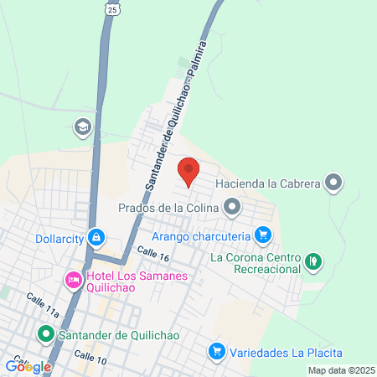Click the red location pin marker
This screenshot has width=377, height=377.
[x=188, y=170]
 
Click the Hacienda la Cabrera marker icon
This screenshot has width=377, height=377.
[x=334, y=182]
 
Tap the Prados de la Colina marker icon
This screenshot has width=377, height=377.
[x=232, y=205]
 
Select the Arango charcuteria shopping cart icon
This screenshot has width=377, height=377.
[x=263, y=235]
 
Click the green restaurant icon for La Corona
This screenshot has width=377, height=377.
[x=312, y=261]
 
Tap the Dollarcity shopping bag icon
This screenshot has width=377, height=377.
[x=97, y=238]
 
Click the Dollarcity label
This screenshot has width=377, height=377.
[x=59, y=238]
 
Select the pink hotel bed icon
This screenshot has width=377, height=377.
[x=73, y=279]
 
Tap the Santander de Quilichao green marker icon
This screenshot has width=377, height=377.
[x=46, y=335]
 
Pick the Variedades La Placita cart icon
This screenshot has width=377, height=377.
[x=217, y=350]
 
